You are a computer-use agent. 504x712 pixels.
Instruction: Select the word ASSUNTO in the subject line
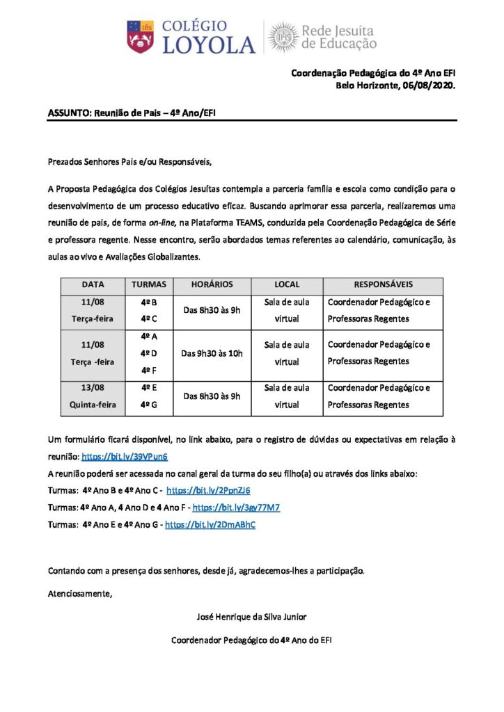coord(68,112)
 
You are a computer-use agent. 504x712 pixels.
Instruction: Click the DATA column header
coord(93,285)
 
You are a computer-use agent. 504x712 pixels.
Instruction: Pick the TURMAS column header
coord(148,285)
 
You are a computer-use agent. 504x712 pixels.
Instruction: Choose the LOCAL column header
coord(287,285)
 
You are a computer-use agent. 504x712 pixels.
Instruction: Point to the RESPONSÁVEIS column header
coord(383,285)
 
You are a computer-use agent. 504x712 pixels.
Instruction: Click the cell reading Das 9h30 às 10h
coord(212,353)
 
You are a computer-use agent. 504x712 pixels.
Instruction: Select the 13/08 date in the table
coord(93,388)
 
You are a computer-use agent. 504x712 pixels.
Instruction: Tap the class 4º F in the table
coord(148,371)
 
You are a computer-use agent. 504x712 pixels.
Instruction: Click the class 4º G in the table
coord(148,405)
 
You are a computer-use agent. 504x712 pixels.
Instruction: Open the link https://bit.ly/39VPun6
coord(125,457)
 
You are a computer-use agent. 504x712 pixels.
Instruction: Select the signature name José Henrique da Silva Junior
coord(252,616)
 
